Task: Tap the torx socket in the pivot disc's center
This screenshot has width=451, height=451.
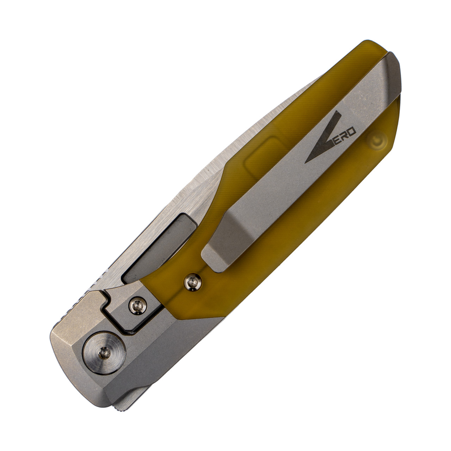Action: pos(104,351)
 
